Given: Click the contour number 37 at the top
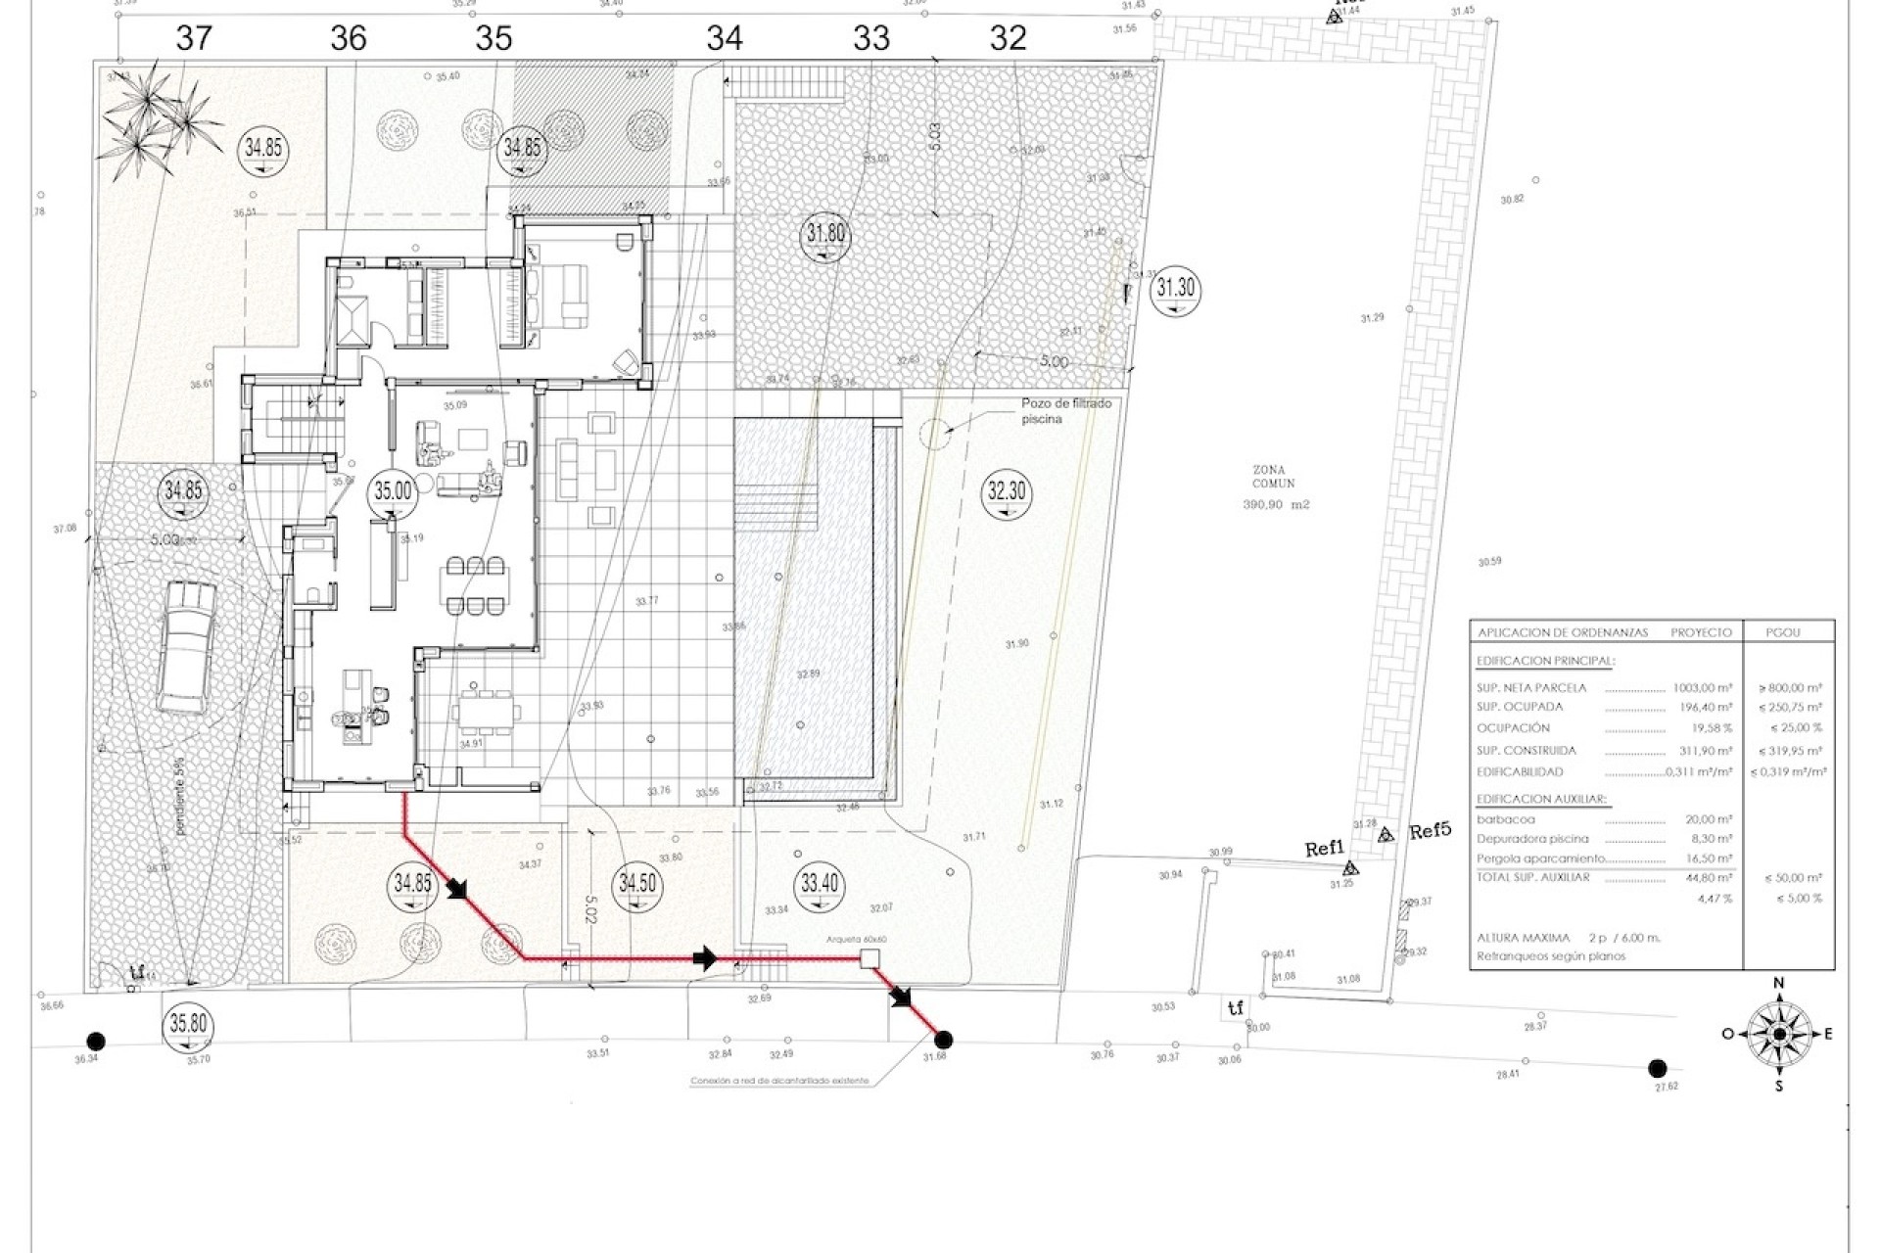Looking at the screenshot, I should (194, 38).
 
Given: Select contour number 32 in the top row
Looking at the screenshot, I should (1008, 38).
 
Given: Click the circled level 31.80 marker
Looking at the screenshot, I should (824, 235).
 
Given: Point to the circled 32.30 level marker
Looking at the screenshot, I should (1007, 489).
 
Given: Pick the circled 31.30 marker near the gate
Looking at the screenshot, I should (1175, 289).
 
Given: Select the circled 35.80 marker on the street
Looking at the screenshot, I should (188, 1024).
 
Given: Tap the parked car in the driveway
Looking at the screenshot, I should (186, 646).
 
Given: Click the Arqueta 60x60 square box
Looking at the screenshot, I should (867, 958).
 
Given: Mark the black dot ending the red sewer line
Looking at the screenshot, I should (943, 1040).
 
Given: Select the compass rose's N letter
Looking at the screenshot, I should (1779, 983).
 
